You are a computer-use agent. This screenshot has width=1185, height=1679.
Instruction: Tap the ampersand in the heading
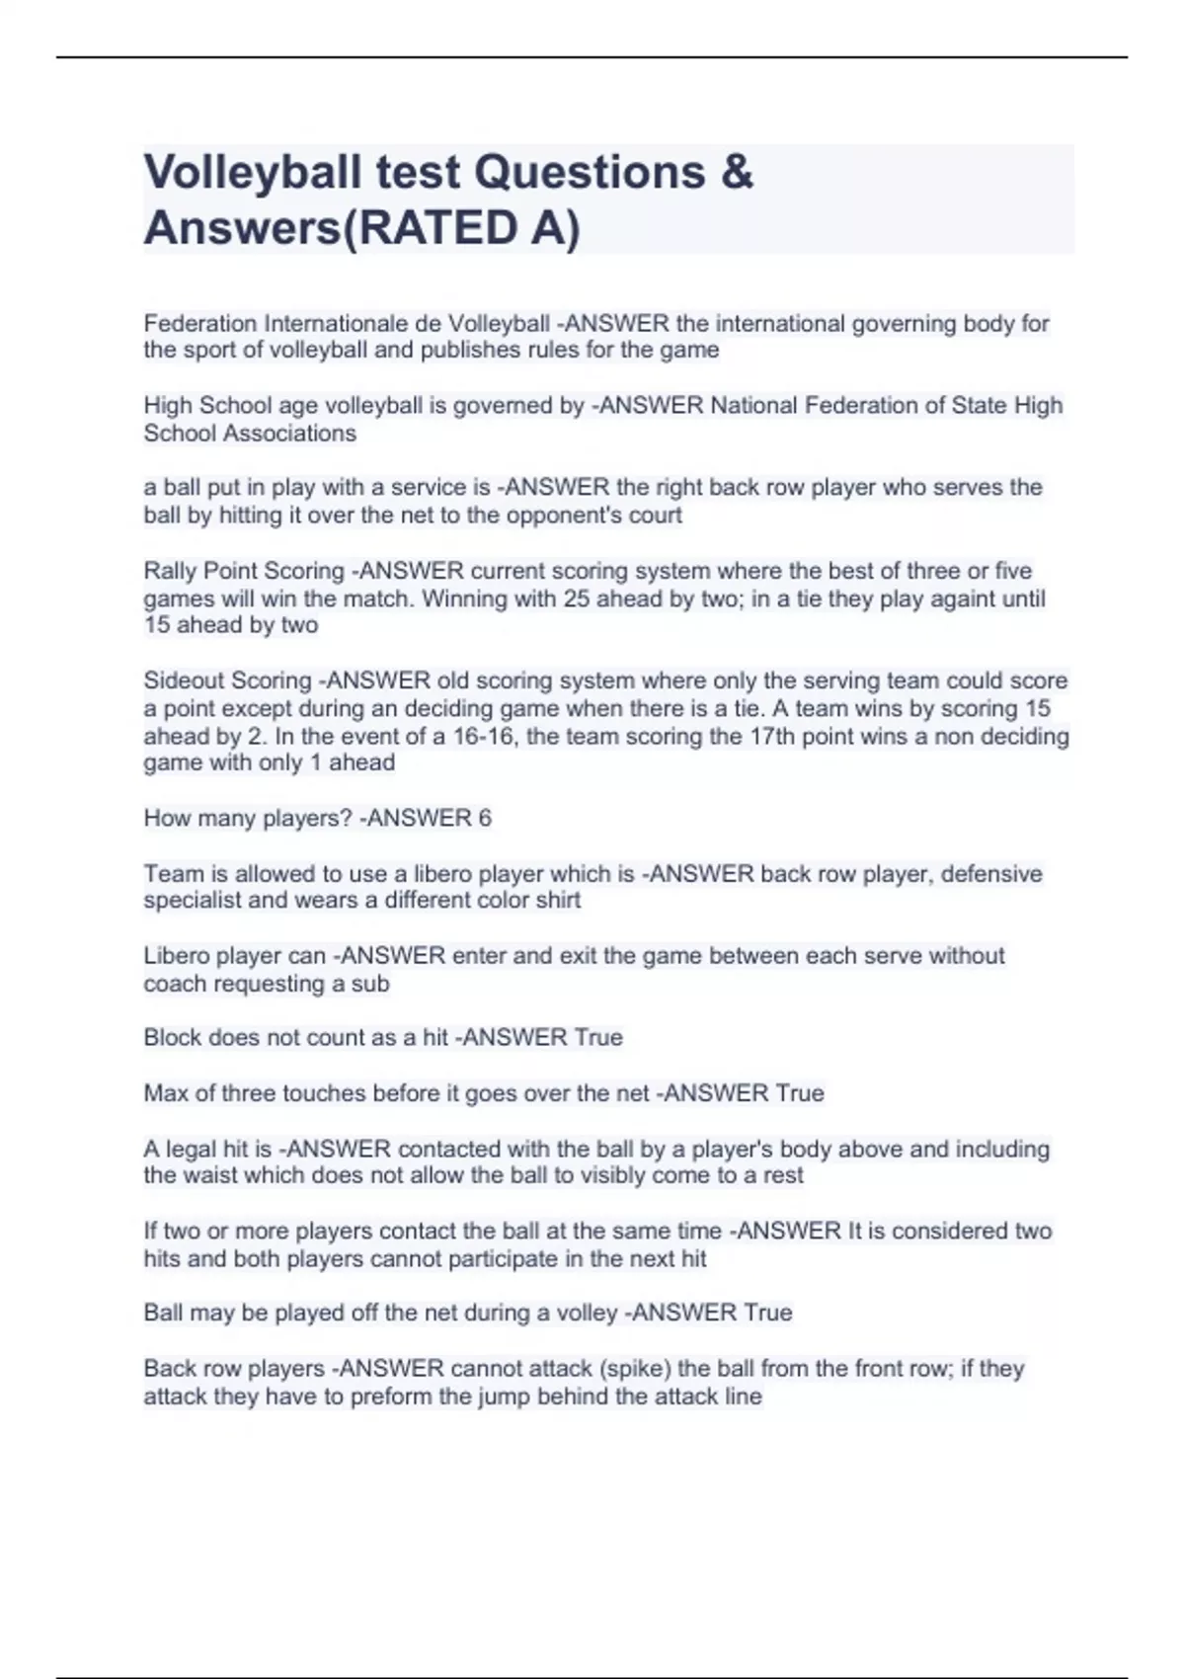pos(737,173)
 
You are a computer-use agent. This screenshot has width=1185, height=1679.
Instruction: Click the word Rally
pos(170,571)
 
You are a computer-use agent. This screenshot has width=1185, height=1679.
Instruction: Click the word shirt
pos(556,900)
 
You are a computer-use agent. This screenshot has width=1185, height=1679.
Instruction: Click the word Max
pos(165,1093)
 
